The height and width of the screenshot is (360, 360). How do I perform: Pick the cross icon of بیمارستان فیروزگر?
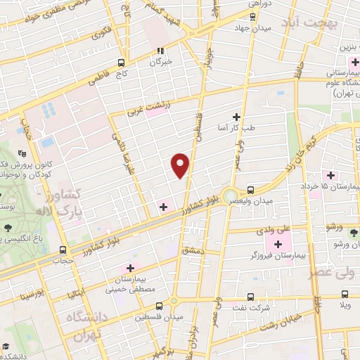277,243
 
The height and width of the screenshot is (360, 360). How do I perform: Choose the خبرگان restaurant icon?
161,51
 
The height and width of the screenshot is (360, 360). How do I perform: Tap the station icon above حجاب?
64,249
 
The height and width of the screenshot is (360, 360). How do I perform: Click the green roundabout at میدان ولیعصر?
230,195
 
